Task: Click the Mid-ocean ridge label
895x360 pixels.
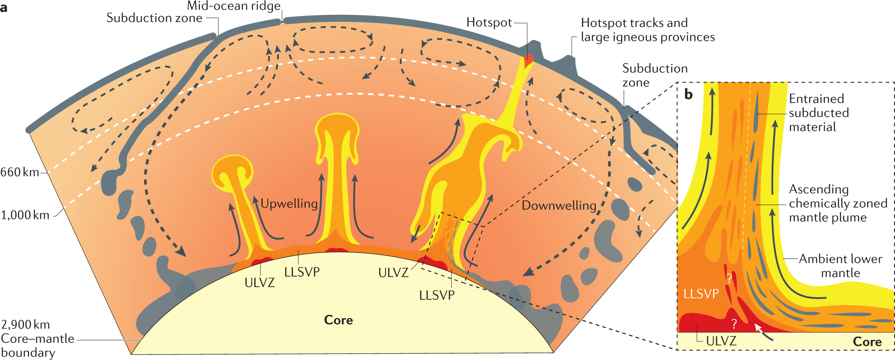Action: pyautogui.click(x=234, y=6)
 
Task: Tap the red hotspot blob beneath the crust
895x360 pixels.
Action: pyautogui.click(x=528, y=59)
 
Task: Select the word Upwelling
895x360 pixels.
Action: pyautogui.click(x=289, y=204)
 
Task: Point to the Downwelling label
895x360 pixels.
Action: pyautogui.click(x=559, y=205)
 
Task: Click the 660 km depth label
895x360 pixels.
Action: pyautogui.click(x=19, y=172)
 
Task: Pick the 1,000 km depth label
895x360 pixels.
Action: pyautogui.click(x=25, y=215)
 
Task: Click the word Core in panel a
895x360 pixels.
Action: pyautogui.click(x=338, y=320)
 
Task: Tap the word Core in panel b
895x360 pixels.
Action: pyautogui.click(x=867, y=342)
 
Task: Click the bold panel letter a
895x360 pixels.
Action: pyautogui.click(x=4, y=8)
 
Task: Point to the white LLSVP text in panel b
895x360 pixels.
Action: pyautogui.click(x=701, y=293)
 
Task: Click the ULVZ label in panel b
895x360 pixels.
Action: pyautogui.click(x=721, y=341)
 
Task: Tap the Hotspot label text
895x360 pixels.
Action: pyautogui.click(x=489, y=22)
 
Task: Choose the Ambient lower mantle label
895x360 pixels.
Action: pyautogui.click(x=840, y=266)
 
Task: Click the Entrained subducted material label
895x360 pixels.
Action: pyautogui.click(x=818, y=113)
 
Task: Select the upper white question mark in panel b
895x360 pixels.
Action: pyautogui.click(x=729, y=278)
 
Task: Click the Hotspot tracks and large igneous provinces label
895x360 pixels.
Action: pyautogui.click(x=647, y=30)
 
